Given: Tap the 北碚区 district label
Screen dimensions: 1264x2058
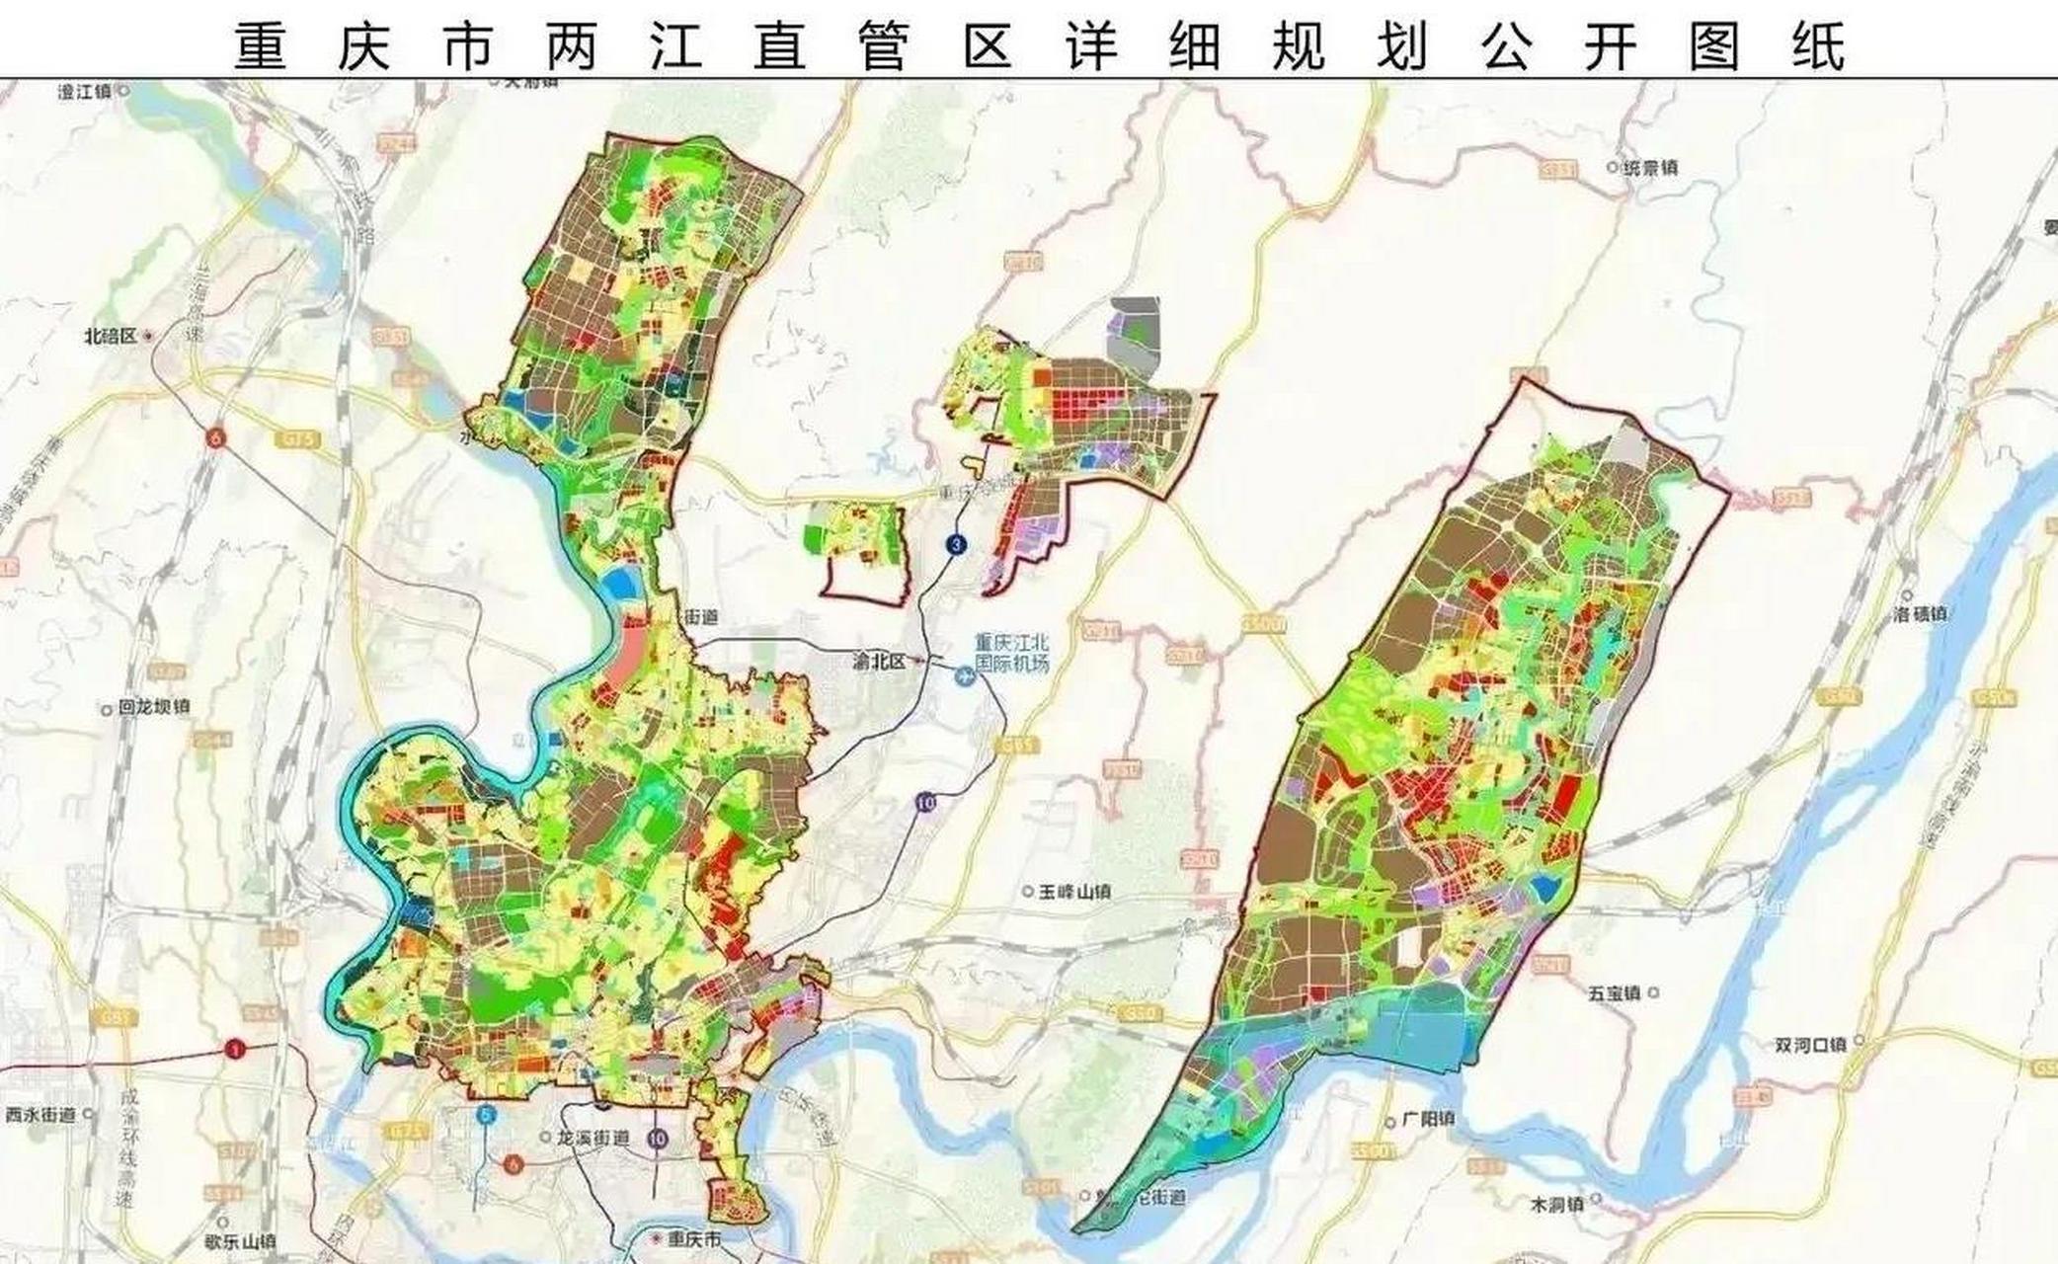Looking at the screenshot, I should pos(112,336).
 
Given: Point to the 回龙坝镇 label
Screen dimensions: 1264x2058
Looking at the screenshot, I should pos(153,707).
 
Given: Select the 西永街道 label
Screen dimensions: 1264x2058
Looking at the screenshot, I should pos(40,1114).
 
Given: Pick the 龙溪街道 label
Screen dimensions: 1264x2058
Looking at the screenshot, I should pos(592,1138).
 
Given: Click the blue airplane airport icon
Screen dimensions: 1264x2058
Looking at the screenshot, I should pos(963,676).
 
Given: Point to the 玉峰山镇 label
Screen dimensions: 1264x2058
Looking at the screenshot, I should pos(1074,892).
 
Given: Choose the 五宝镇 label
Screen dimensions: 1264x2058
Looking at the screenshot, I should pos(1614,993).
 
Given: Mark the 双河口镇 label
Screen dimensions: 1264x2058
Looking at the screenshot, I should pos(1809,1045).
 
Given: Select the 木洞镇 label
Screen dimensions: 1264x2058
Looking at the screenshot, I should pos(1556,1204).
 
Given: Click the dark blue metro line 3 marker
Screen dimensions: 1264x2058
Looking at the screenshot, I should pos(955,544).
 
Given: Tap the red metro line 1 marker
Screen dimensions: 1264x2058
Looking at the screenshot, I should pos(234,1050).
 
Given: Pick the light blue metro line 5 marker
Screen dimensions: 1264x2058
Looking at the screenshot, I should pos(485,1115).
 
